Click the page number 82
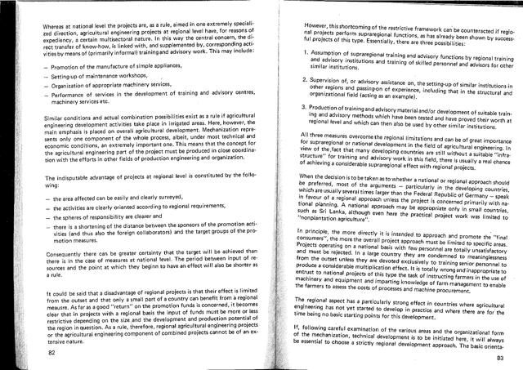(51, 352)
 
